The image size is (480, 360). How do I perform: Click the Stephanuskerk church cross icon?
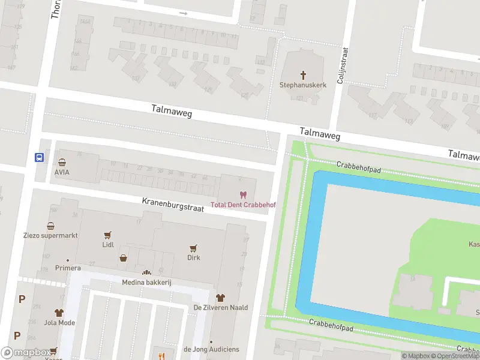tap(303, 75)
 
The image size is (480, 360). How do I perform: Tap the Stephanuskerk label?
tap(303, 85)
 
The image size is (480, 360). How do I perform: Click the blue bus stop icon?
tap(39, 158)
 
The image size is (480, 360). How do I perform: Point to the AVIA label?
tap(62, 172)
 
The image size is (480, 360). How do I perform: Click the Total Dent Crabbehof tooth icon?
tap(243, 195)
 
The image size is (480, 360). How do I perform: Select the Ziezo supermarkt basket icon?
tap(51, 226)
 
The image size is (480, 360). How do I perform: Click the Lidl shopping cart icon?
tap(108, 236)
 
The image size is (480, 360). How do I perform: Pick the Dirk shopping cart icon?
tap(193, 248)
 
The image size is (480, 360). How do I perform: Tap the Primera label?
tap(68, 268)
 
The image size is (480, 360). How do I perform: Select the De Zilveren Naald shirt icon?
tap(220, 298)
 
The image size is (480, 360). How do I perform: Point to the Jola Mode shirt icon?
tap(59, 313)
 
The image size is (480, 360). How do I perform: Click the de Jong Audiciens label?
tap(211, 349)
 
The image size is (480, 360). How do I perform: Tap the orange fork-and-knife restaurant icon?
tap(161, 356)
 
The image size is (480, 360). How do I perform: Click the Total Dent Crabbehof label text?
tap(243, 205)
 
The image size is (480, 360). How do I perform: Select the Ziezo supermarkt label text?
tap(51, 236)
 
